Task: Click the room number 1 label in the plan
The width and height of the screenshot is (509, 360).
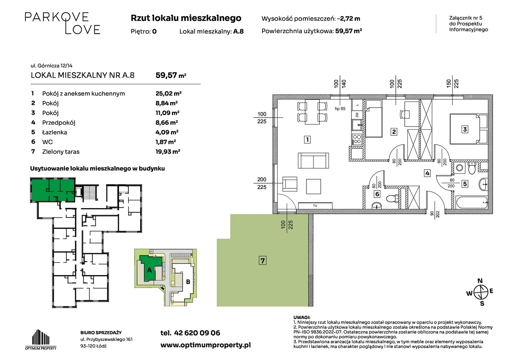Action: pyautogui.click(x=307, y=139)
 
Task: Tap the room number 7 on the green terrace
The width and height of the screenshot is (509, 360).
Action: pyautogui.click(x=262, y=260)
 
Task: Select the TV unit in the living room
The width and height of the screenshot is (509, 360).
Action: pyautogui.click(x=315, y=206)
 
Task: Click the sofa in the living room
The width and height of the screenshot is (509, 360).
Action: pyautogui.click(x=313, y=161)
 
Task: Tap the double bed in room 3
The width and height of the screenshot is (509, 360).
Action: pyautogui.click(x=469, y=129)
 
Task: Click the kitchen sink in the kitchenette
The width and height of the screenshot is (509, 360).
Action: pyautogui.click(x=357, y=125)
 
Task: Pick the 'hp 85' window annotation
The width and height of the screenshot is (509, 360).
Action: pyautogui.click(x=340, y=109)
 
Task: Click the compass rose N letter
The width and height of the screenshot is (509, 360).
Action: pyautogui.click(x=480, y=281)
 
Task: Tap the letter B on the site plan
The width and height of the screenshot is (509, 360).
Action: pyautogui.click(x=188, y=282)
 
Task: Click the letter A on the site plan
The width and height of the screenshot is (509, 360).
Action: pyautogui.click(x=149, y=270)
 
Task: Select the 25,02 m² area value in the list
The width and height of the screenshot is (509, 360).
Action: pyautogui.click(x=168, y=93)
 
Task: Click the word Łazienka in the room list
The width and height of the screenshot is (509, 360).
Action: pyautogui.click(x=55, y=132)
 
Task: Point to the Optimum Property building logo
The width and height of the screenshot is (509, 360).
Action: pyautogui.click(x=41, y=339)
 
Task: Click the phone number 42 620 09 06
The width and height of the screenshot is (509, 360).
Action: pyautogui.click(x=197, y=333)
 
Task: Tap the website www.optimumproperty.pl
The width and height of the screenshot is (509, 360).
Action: pyautogui.click(x=206, y=345)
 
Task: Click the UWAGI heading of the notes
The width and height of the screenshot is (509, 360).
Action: pyautogui.click(x=301, y=317)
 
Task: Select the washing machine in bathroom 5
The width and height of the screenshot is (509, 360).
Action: pyautogui.click(x=459, y=168)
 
